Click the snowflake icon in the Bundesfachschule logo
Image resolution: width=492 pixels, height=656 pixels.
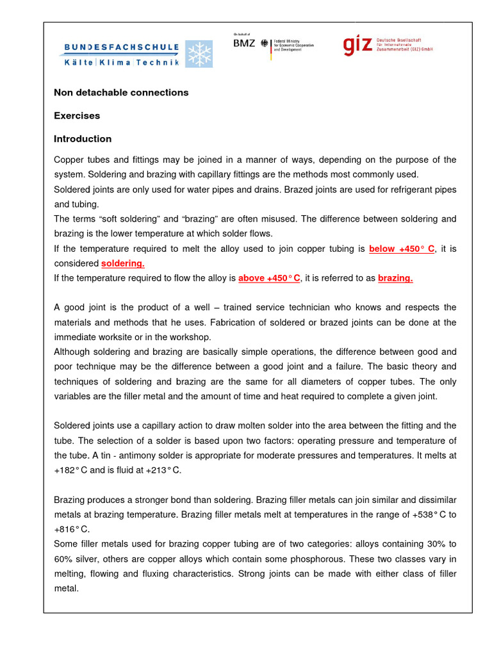point(199,54)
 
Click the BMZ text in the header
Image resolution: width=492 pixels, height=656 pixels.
point(243,44)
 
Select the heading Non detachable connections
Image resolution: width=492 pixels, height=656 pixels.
point(121,92)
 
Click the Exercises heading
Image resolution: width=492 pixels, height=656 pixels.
point(77,116)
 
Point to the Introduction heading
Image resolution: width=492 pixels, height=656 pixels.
point(83,139)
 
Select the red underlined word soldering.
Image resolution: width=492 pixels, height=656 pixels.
point(123,263)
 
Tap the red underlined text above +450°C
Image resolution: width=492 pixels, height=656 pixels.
point(269,278)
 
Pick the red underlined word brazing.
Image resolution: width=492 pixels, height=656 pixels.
point(395,278)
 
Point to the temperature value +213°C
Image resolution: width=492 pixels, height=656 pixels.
point(163,470)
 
